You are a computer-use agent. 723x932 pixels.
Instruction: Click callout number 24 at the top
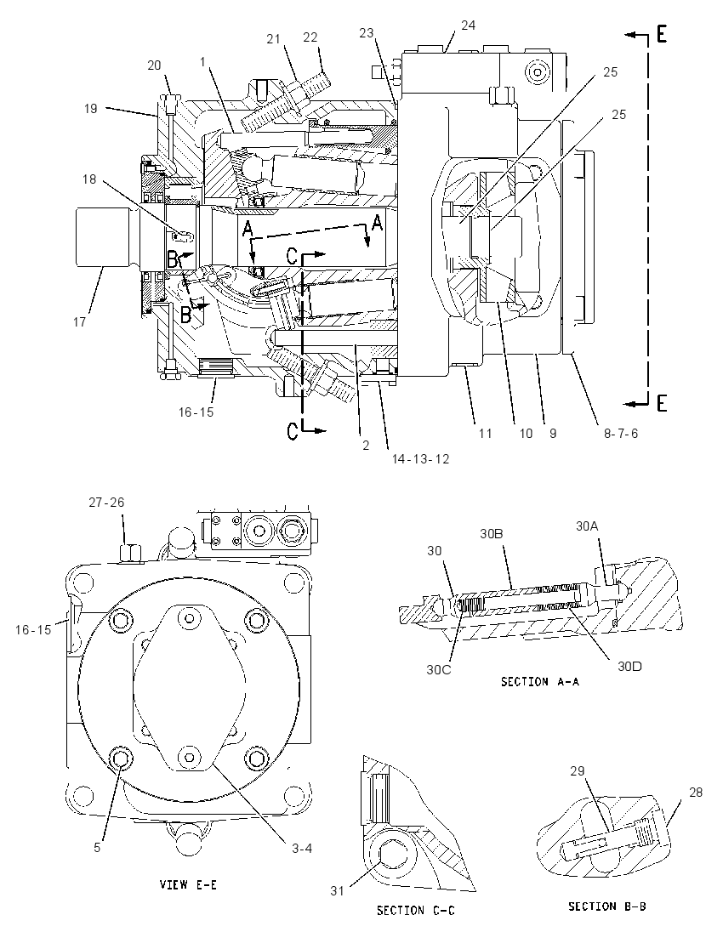click(x=469, y=26)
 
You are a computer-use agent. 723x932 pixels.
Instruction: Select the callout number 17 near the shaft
click(x=80, y=321)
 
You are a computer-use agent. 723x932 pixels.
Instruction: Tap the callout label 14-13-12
click(x=420, y=459)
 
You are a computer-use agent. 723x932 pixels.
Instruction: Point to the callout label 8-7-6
click(x=621, y=434)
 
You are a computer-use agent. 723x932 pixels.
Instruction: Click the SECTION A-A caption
click(x=540, y=682)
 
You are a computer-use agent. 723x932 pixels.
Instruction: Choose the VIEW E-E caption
click(x=188, y=885)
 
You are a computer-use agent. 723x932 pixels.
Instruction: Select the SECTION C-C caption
click(x=416, y=910)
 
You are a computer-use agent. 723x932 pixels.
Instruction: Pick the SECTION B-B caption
click(x=607, y=906)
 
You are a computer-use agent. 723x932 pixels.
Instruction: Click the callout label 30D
click(x=629, y=667)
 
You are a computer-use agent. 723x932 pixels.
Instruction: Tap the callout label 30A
click(x=587, y=526)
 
